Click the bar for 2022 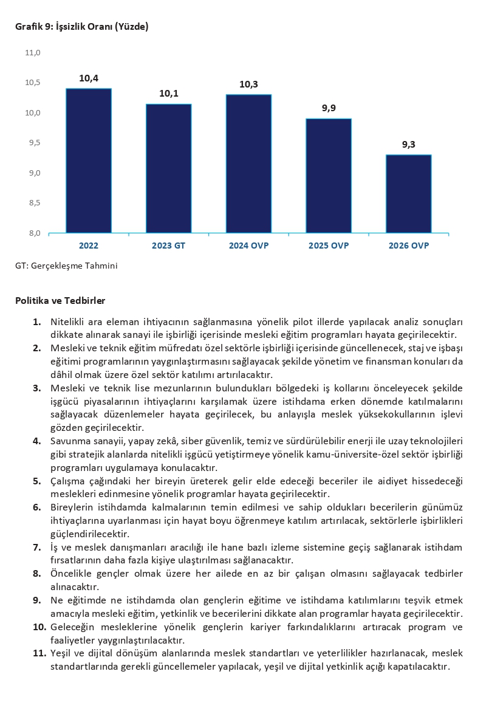(89, 160)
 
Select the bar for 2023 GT (169, 168)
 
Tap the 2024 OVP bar (248, 163)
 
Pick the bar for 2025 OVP (329, 176)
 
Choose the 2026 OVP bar (409, 194)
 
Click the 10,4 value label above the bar (89, 78)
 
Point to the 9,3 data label (409, 145)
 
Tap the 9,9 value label (329, 108)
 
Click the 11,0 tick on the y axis (32, 53)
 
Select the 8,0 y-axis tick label (33, 233)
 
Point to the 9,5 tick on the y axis (33, 143)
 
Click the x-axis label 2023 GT (169, 246)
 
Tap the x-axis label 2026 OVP (409, 246)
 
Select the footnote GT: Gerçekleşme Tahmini (66, 266)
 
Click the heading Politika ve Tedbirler (60, 301)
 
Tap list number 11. (39, 653)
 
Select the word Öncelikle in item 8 (72, 573)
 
